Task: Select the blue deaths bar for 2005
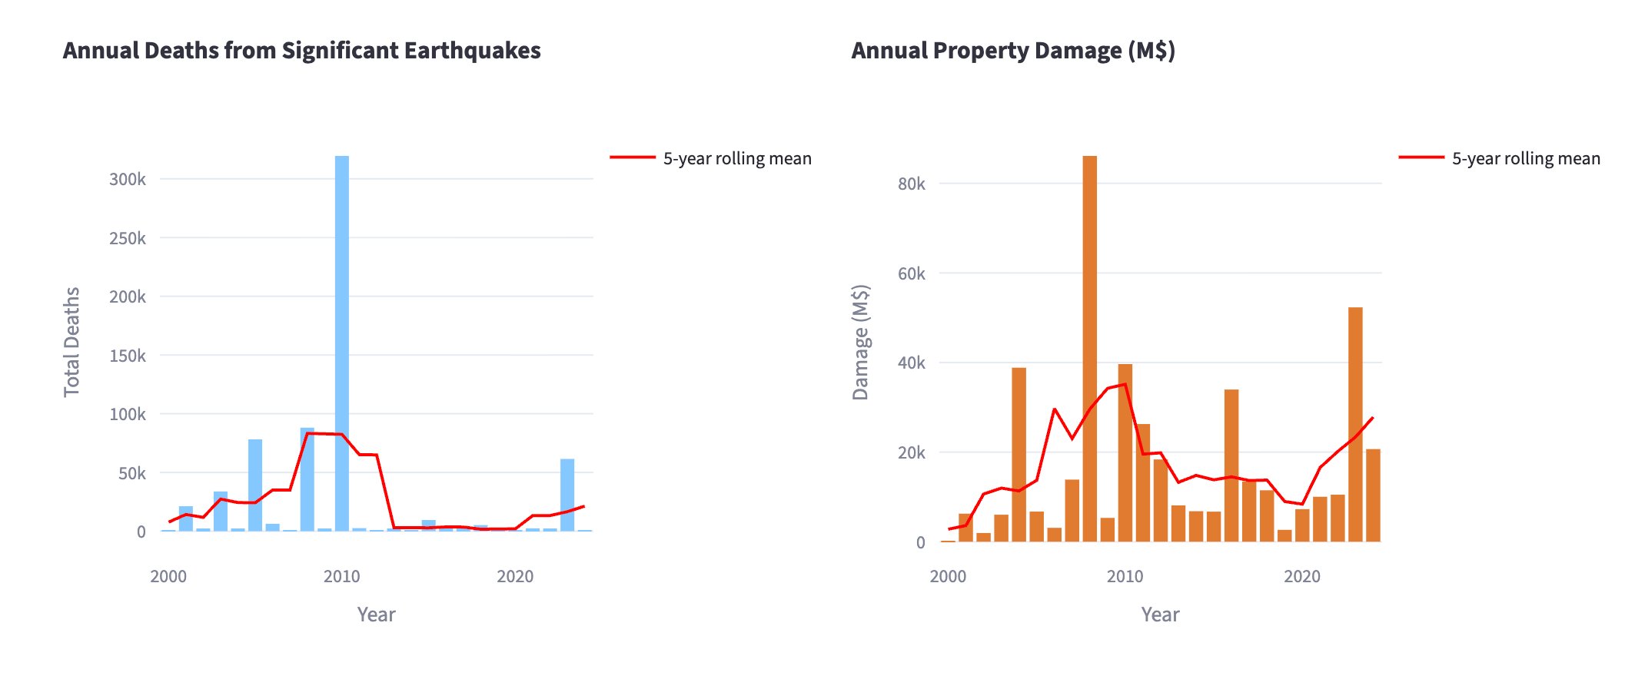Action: (x=255, y=484)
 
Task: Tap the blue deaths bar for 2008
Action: (x=307, y=476)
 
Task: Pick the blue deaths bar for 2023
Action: (x=567, y=495)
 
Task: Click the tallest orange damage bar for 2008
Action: (x=1090, y=346)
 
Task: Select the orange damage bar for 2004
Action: (x=1019, y=453)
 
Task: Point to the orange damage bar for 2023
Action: (x=1355, y=422)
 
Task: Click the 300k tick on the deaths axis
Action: (x=128, y=180)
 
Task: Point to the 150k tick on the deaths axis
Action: (x=128, y=356)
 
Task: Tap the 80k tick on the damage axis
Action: (x=912, y=184)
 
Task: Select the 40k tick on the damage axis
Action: (x=912, y=363)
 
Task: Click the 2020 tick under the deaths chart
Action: (x=515, y=576)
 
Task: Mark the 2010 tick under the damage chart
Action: (x=1125, y=576)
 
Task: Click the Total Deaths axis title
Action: (x=71, y=342)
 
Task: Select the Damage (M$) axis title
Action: (x=860, y=342)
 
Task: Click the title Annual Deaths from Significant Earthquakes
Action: (x=302, y=51)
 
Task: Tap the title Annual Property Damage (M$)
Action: (x=1013, y=51)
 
